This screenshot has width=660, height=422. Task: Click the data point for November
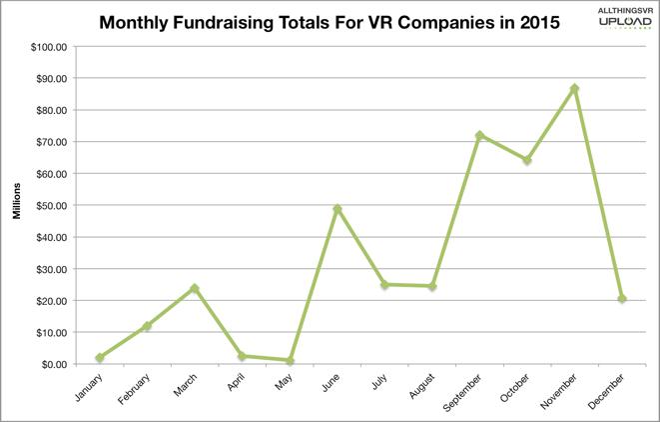pyautogui.click(x=574, y=89)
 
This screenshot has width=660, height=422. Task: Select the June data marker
pyautogui.click(x=336, y=209)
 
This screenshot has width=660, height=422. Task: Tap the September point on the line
pyautogui.click(x=479, y=135)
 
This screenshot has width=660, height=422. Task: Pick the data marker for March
pyautogui.click(x=195, y=289)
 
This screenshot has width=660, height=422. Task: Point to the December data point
pyautogui.click(x=621, y=299)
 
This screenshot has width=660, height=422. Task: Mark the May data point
pyautogui.click(x=290, y=360)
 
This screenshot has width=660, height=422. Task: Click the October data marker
pyautogui.click(x=526, y=160)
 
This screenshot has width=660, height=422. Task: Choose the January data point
pyautogui.click(x=100, y=357)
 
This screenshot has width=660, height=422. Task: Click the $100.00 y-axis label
pyautogui.click(x=48, y=47)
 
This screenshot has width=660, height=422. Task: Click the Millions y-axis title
pyautogui.click(x=17, y=205)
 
